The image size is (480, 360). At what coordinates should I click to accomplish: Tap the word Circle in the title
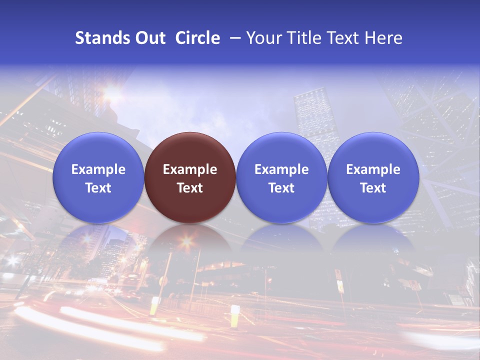[x=197, y=38]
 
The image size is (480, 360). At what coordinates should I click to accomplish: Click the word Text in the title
[x=345, y=38]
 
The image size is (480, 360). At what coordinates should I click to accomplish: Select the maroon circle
[x=190, y=177]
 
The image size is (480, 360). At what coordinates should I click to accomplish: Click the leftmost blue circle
[x=98, y=177]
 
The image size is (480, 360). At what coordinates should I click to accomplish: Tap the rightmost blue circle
[x=373, y=177]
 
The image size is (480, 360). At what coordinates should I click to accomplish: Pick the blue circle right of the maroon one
[x=281, y=177]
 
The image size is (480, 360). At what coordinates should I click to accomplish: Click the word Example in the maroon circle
[x=190, y=169]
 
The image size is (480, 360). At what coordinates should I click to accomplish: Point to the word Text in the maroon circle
[x=190, y=188]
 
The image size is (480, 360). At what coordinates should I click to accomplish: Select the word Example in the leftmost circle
[x=98, y=169]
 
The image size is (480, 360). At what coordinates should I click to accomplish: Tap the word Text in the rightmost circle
[x=373, y=188]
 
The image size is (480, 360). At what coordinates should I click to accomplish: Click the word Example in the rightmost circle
[x=373, y=169]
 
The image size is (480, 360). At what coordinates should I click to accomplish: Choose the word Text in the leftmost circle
[x=98, y=188]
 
